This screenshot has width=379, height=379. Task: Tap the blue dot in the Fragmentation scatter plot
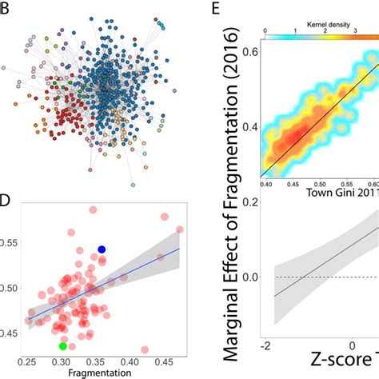[102, 249]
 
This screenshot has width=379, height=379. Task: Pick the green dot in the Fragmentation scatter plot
[63, 346]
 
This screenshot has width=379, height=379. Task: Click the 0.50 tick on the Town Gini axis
[317, 183]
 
